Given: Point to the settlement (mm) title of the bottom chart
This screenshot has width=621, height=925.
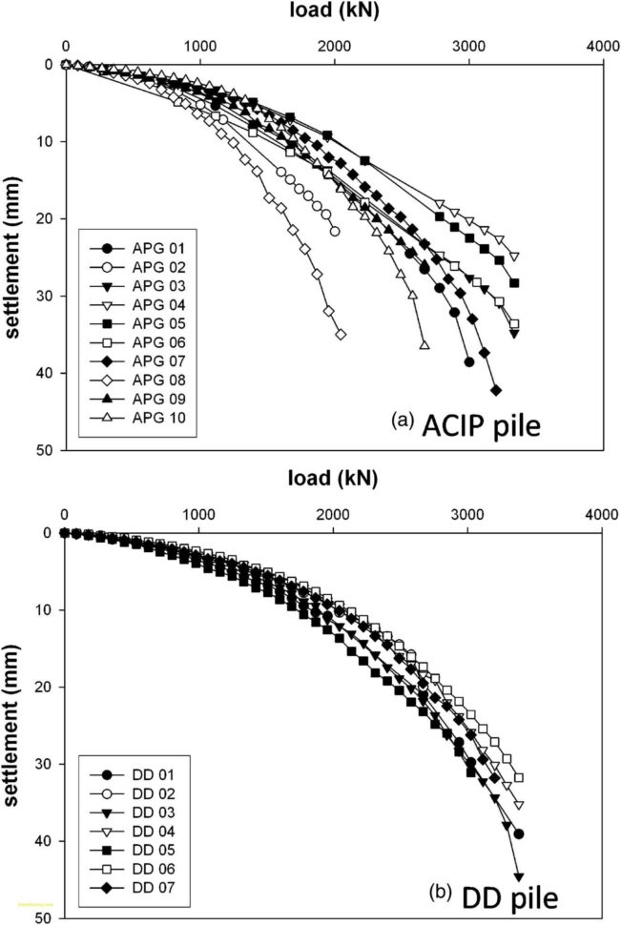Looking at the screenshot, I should click(16, 725).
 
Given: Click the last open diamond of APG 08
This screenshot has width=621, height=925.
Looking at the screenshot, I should click(341, 334).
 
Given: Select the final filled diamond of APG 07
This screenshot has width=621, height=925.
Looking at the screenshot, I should click(496, 390).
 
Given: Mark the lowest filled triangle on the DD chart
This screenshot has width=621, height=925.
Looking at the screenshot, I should click(519, 876).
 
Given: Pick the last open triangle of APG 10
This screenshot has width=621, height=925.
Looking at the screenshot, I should click(424, 344).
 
